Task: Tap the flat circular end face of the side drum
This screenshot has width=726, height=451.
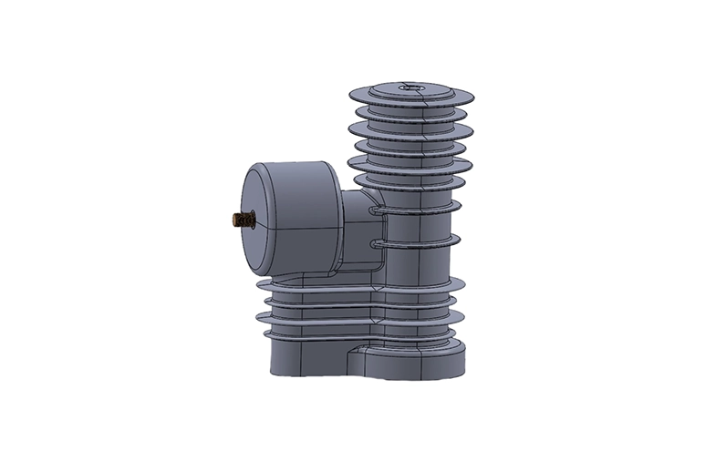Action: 264,221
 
